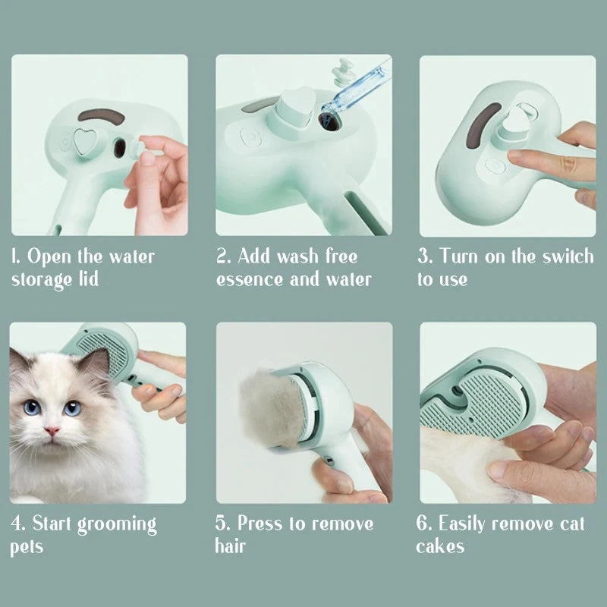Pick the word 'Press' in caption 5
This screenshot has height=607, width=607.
tap(262, 524)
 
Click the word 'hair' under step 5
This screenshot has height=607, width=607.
tap(231, 546)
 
